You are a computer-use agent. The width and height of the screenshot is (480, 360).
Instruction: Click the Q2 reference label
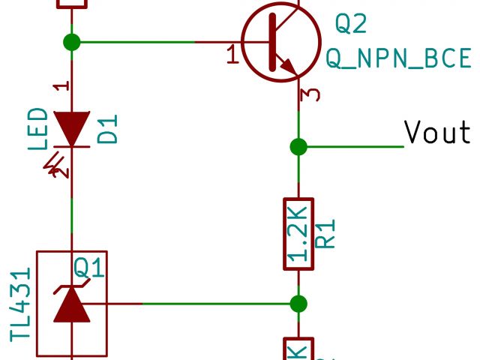coord(350,24)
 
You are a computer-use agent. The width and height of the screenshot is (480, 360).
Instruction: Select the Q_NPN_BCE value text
coord(398,58)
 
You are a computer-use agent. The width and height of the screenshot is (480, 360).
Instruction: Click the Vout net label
coord(437,132)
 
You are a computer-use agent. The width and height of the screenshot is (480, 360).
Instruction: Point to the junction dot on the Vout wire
coord(298,145)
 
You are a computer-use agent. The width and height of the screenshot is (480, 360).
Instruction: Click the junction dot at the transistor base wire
coord(72,42)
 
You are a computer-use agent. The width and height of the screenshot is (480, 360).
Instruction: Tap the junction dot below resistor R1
coord(298,304)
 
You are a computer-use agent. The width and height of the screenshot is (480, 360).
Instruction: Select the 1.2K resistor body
coord(298,233)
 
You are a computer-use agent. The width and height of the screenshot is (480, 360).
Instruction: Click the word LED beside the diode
coord(38,129)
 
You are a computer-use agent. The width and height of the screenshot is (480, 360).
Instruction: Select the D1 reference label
coord(109,129)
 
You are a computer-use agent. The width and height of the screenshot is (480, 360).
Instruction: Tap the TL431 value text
coord(20,304)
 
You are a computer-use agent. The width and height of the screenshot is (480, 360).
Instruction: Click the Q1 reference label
coord(90,266)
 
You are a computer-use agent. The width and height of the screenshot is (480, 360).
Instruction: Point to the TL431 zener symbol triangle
coord(72,304)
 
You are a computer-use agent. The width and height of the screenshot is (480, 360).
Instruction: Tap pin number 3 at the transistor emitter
coord(313,94)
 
